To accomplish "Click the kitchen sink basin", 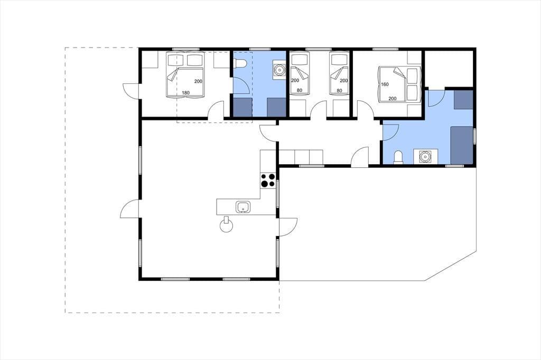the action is (x=243, y=207).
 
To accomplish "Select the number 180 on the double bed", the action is (x=185, y=93).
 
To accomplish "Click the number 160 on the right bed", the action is (x=385, y=84).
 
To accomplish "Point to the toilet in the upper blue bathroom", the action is (x=240, y=63).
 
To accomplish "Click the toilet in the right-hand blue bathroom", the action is (x=398, y=157).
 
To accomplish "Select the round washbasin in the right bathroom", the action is (x=425, y=157).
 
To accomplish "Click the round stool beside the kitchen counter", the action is (x=226, y=226).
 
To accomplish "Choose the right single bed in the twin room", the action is (x=339, y=73).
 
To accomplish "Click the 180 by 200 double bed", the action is (x=185, y=74).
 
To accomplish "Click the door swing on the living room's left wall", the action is (x=129, y=209).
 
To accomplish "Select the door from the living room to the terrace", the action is (x=288, y=227).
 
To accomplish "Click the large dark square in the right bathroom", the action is (x=462, y=145).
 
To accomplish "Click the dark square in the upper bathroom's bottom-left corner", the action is (x=242, y=107).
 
